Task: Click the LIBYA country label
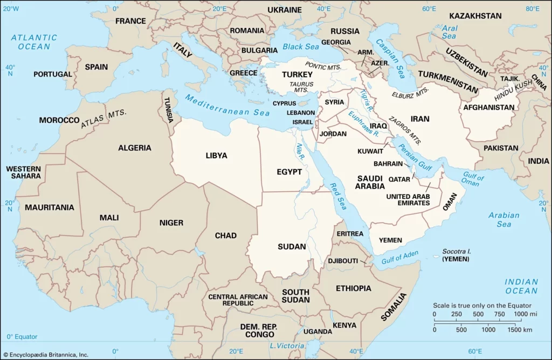point(216,156)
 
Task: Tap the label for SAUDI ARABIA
point(369,182)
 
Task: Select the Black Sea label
point(301,47)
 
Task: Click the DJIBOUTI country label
point(343,261)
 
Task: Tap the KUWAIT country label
point(370,151)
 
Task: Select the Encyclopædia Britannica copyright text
point(46,354)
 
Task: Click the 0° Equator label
point(22,337)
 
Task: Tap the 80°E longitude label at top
point(533,9)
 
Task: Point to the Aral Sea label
point(448,32)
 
